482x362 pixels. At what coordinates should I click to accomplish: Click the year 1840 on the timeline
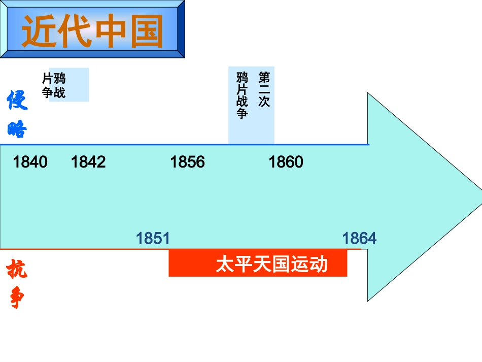(x=30, y=162)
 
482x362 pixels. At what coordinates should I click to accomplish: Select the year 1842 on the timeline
(x=88, y=162)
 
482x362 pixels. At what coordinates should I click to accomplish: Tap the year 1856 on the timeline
(x=187, y=162)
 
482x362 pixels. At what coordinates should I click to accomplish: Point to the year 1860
(x=286, y=162)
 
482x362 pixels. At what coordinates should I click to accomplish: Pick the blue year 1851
(x=153, y=238)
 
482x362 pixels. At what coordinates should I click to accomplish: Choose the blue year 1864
(x=359, y=238)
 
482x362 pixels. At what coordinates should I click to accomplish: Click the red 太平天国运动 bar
(x=258, y=264)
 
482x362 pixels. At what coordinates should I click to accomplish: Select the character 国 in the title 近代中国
(x=146, y=31)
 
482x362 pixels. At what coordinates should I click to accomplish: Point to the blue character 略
(x=17, y=130)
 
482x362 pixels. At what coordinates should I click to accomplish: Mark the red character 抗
(x=17, y=269)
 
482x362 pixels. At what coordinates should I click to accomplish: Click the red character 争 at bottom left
(x=17, y=299)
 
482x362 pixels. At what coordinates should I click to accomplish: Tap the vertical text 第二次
(x=264, y=89)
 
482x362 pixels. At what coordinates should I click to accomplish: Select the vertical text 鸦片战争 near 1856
(x=243, y=95)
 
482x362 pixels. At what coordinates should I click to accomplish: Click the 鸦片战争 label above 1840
(x=54, y=85)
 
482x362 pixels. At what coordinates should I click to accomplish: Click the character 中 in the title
(x=110, y=31)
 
